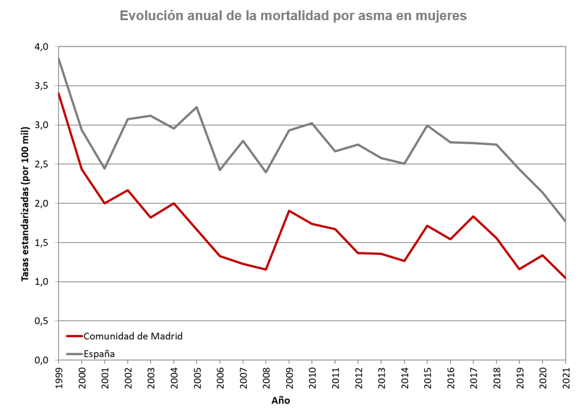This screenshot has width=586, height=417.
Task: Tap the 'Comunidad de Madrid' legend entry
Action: (133, 336)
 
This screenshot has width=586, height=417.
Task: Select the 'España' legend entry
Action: (99, 353)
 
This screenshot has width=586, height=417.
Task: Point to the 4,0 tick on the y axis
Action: (41, 46)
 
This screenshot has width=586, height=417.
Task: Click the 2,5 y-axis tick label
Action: (41, 164)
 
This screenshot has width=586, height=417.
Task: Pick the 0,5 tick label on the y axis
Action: (41, 321)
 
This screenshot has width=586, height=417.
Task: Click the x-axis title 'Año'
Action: (281, 401)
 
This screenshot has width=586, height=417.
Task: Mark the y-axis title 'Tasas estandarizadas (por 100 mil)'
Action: (25, 204)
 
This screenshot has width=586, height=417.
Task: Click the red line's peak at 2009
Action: (289, 211)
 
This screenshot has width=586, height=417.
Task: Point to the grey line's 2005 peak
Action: (197, 107)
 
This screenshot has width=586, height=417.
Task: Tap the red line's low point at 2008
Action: (266, 269)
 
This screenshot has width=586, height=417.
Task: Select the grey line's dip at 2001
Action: (105, 168)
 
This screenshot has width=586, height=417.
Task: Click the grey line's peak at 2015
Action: (427, 125)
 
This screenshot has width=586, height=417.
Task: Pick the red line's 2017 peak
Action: (473, 216)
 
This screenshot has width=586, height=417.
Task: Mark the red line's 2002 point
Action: (128, 190)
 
